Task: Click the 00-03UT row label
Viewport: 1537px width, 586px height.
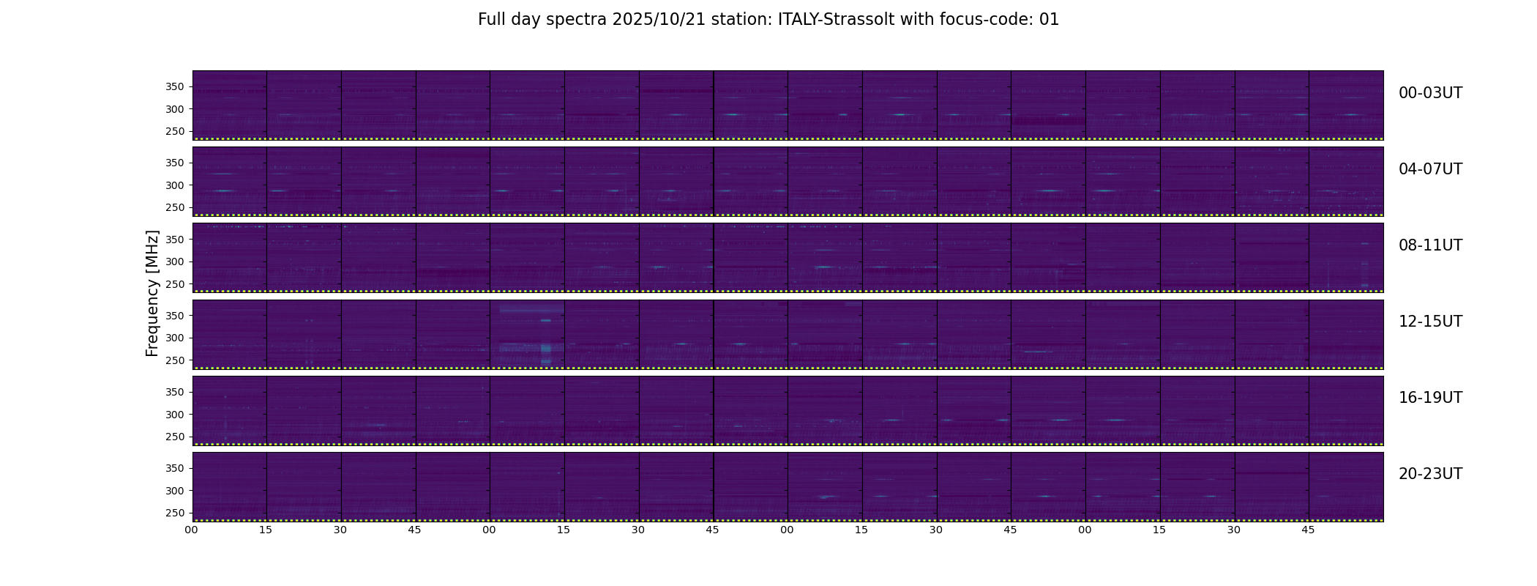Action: pyautogui.click(x=1430, y=93)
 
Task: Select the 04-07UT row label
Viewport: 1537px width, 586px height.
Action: pyautogui.click(x=1430, y=169)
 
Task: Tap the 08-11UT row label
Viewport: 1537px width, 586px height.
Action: pyautogui.click(x=1430, y=245)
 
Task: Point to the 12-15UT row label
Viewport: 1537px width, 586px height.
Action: pyautogui.click(x=1430, y=322)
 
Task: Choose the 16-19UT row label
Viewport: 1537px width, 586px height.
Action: pyautogui.click(x=1430, y=398)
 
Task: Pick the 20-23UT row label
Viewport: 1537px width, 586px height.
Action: pyautogui.click(x=1430, y=474)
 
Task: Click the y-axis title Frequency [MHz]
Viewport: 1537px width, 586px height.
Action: pyautogui.click(x=152, y=293)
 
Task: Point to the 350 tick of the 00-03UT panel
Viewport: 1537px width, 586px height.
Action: pyautogui.click(x=175, y=87)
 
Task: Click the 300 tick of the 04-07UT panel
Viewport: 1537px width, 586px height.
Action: pyautogui.click(x=175, y=185)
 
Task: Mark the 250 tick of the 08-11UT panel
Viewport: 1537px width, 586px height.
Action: pyautogui.click(x=175, y=284)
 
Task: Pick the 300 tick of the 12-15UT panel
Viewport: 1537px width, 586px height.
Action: pyautogui.click(x=175, y=338)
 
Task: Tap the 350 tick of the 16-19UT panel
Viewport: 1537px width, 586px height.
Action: pyautogui.click(x=175, y=393)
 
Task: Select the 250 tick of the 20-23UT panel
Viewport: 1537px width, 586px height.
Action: pyautogui.click(x=175, y=513)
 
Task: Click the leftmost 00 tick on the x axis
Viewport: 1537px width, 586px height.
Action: pyautogui.click(x=191, y=530)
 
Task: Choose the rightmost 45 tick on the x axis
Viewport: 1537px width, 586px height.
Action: pyautogui.click(x=1308, y=530)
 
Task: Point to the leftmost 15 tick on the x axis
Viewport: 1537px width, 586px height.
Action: pyautogui.click(x=266, y=530)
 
